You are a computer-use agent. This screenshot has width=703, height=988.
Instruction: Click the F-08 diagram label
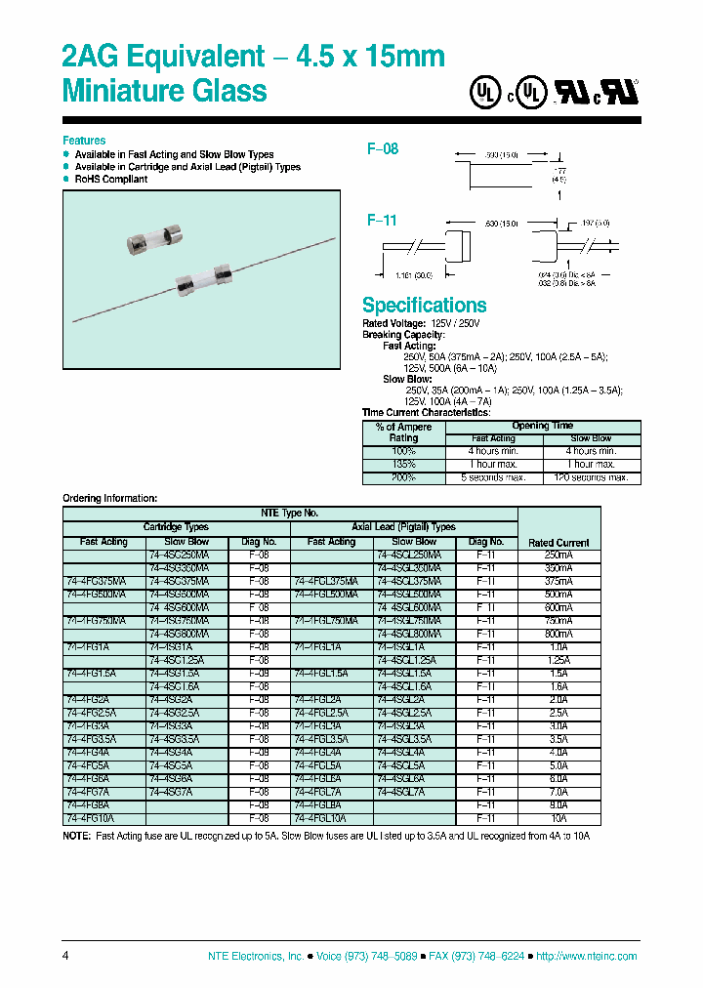coord(383,149)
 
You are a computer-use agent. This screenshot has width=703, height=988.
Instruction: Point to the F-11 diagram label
coord(383,221)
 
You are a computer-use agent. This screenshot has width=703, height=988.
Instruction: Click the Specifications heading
coord(424,305)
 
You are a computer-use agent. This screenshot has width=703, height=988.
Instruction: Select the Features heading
coord(84,141)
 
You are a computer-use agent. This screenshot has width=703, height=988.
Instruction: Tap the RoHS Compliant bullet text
coord(112,180)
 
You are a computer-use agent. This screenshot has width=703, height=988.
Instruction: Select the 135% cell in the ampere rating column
coord(403,465)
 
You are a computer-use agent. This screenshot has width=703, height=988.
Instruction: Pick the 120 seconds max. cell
coord(592,477)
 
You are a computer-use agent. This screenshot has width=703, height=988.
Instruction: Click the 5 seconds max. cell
coord(494,477)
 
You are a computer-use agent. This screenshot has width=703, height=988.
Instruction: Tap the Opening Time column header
coord(543,426)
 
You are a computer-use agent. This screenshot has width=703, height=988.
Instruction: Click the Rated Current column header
coord(558,542)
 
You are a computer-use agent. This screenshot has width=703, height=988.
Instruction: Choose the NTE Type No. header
coord(289,513)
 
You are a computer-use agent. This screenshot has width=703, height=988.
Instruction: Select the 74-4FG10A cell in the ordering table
coord(91,818)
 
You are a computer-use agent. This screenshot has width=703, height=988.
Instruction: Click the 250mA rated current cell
coord(558,555)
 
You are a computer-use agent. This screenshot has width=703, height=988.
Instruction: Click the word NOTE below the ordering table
coord(76,837)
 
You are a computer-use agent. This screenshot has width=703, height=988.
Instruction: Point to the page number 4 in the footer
coord(65,956)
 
